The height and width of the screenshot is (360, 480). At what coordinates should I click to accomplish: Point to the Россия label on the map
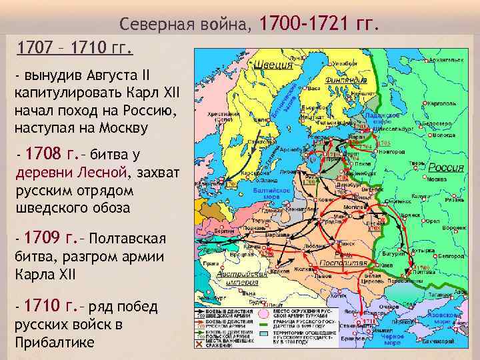pyautogui.click(x=446, y=167)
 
